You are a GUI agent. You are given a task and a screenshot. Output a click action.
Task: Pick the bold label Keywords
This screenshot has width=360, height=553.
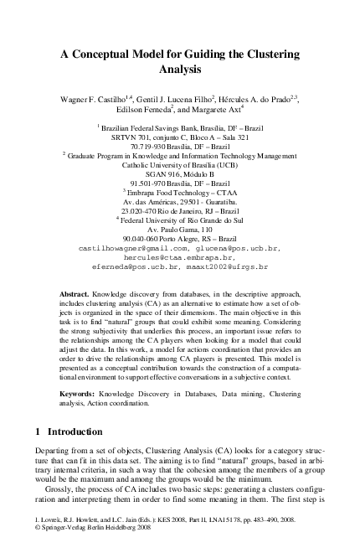tap(82, 393)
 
